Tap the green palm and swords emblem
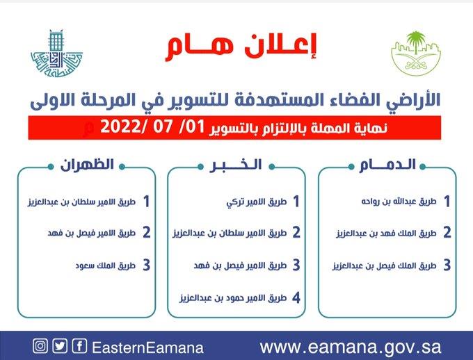(x=415, y=52)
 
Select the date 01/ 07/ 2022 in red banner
(x=142, y=128)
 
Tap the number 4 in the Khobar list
(x=295, y=298)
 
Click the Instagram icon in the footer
(x=40, y=346)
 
